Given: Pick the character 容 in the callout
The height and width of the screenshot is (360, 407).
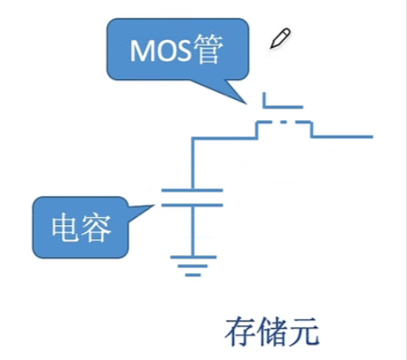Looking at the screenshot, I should click(97, 228).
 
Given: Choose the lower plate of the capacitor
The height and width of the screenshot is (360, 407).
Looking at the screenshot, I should click(192, 204).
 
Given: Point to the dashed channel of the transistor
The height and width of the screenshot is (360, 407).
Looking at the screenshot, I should click(283, 123).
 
